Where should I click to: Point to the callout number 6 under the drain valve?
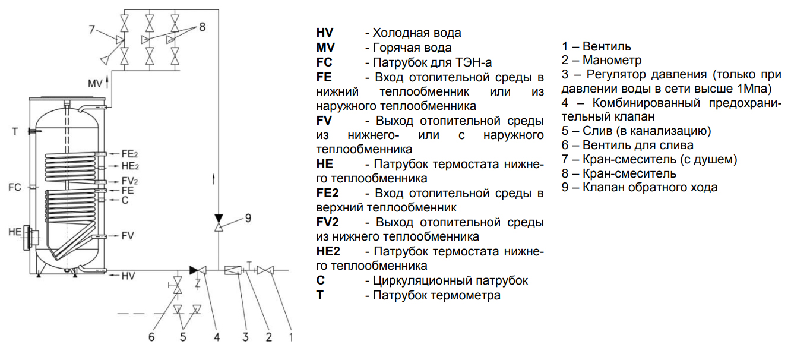point(151,337)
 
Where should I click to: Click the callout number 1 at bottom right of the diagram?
point(291,337)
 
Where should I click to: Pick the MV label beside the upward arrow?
point(95,82)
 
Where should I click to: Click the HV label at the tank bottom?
point(128,276)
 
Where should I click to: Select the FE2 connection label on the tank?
point(129,153)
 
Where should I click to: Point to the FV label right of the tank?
point(128,236)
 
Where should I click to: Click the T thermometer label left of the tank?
point(15,131)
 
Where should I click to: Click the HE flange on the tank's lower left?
point(30,238)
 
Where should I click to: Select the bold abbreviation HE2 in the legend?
point(328,251)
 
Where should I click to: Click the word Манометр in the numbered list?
point(612,60)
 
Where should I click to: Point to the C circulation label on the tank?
point(125,201)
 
